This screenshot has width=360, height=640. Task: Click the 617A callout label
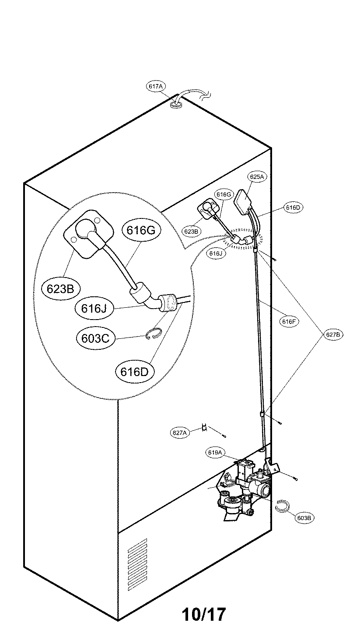[155, 87]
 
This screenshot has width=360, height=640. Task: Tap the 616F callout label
[290, 321]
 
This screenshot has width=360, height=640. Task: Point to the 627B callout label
[333, 334]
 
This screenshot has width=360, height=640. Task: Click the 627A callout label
[179, 433]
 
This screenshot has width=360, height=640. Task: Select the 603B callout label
[304, 517]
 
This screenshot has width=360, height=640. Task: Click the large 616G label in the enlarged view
[141, 230]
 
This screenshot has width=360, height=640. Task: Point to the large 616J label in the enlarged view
[94, 308]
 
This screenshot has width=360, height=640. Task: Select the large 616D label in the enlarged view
[135, 371]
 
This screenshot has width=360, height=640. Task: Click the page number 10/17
[204, 615]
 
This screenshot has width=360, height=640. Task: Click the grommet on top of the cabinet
[177, 105]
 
